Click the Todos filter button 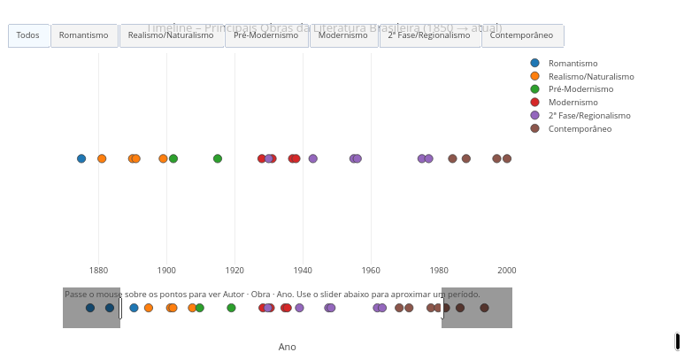(28, 35)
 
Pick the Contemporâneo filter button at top (521, 35)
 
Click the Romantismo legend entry (573, 63)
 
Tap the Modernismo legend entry (573, 103)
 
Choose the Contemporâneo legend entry (580, 129)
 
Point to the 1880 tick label (98, 270)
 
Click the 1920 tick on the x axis (234, 270)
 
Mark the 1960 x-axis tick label (371, 270)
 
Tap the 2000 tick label (507, 270)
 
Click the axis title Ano (288, 347)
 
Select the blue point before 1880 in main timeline (81, 158)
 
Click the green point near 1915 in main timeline (218, 158)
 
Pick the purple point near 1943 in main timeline (312, 158)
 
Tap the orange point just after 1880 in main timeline (102, 158)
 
